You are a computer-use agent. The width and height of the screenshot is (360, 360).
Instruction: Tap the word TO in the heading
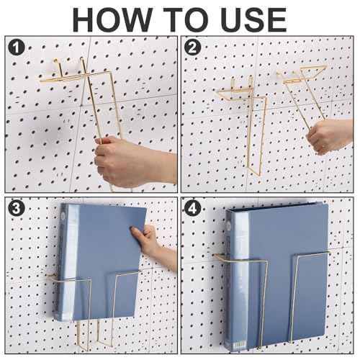(180, 19)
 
